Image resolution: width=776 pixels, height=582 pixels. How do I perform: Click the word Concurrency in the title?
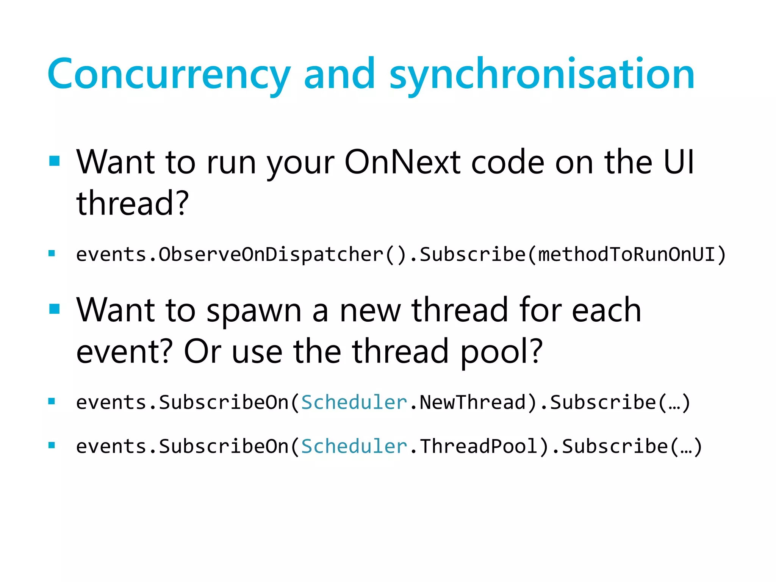pos(169,75)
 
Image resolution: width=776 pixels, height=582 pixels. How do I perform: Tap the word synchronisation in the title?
pos(542,75)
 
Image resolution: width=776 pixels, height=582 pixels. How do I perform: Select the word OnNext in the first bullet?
pos(402,162)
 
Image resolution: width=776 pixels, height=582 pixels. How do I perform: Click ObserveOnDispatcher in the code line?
pos(271,254)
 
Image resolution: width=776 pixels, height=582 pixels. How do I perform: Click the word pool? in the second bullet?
pos(501,352)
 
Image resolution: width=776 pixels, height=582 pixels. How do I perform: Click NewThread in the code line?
pos(472,402)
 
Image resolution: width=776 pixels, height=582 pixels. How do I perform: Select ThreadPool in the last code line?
pos(479,446)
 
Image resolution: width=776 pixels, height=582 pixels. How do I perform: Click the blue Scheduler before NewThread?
pos(354,402)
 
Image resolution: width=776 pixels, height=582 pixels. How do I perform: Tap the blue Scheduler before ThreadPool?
pos(354,446)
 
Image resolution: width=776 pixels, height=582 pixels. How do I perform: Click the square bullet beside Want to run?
pos(55,161)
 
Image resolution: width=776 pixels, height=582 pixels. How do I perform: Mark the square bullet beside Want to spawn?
pos(55,309)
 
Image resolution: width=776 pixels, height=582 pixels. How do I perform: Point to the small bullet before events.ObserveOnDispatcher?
pos(52,253)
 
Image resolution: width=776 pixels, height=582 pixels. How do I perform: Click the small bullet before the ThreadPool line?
pos(52,446)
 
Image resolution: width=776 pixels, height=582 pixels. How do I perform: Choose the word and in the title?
pos(339,75)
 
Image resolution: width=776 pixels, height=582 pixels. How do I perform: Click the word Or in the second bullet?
pos(202,352)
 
